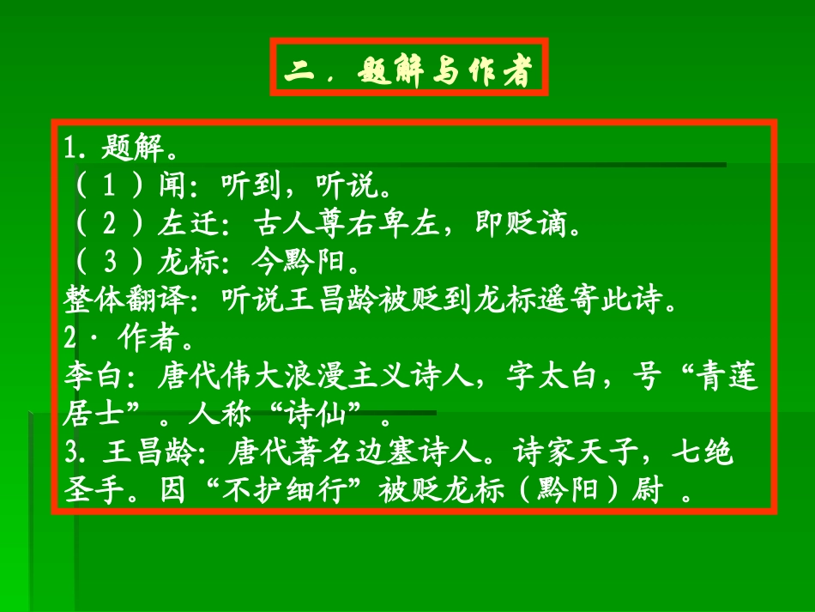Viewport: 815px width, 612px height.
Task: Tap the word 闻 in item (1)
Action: point(172,186)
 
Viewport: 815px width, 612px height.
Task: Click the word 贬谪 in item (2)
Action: point(537,224)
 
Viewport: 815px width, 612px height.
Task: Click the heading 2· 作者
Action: point(130,337)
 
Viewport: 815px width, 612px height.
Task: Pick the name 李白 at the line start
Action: point(89,379)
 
